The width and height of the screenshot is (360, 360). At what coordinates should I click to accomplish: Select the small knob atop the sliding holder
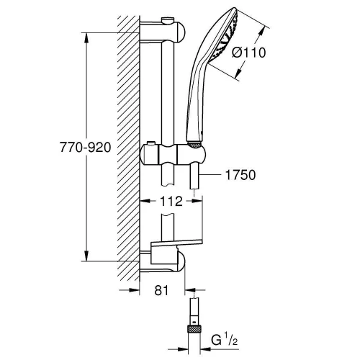[x=150, y=143]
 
